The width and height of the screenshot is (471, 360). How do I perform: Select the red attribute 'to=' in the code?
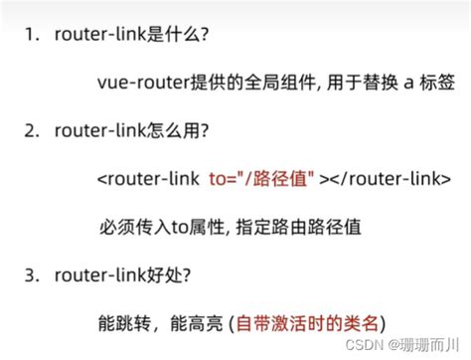click(x=224, y=180)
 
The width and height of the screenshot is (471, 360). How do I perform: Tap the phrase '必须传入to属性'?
click(x=163, y=226)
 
